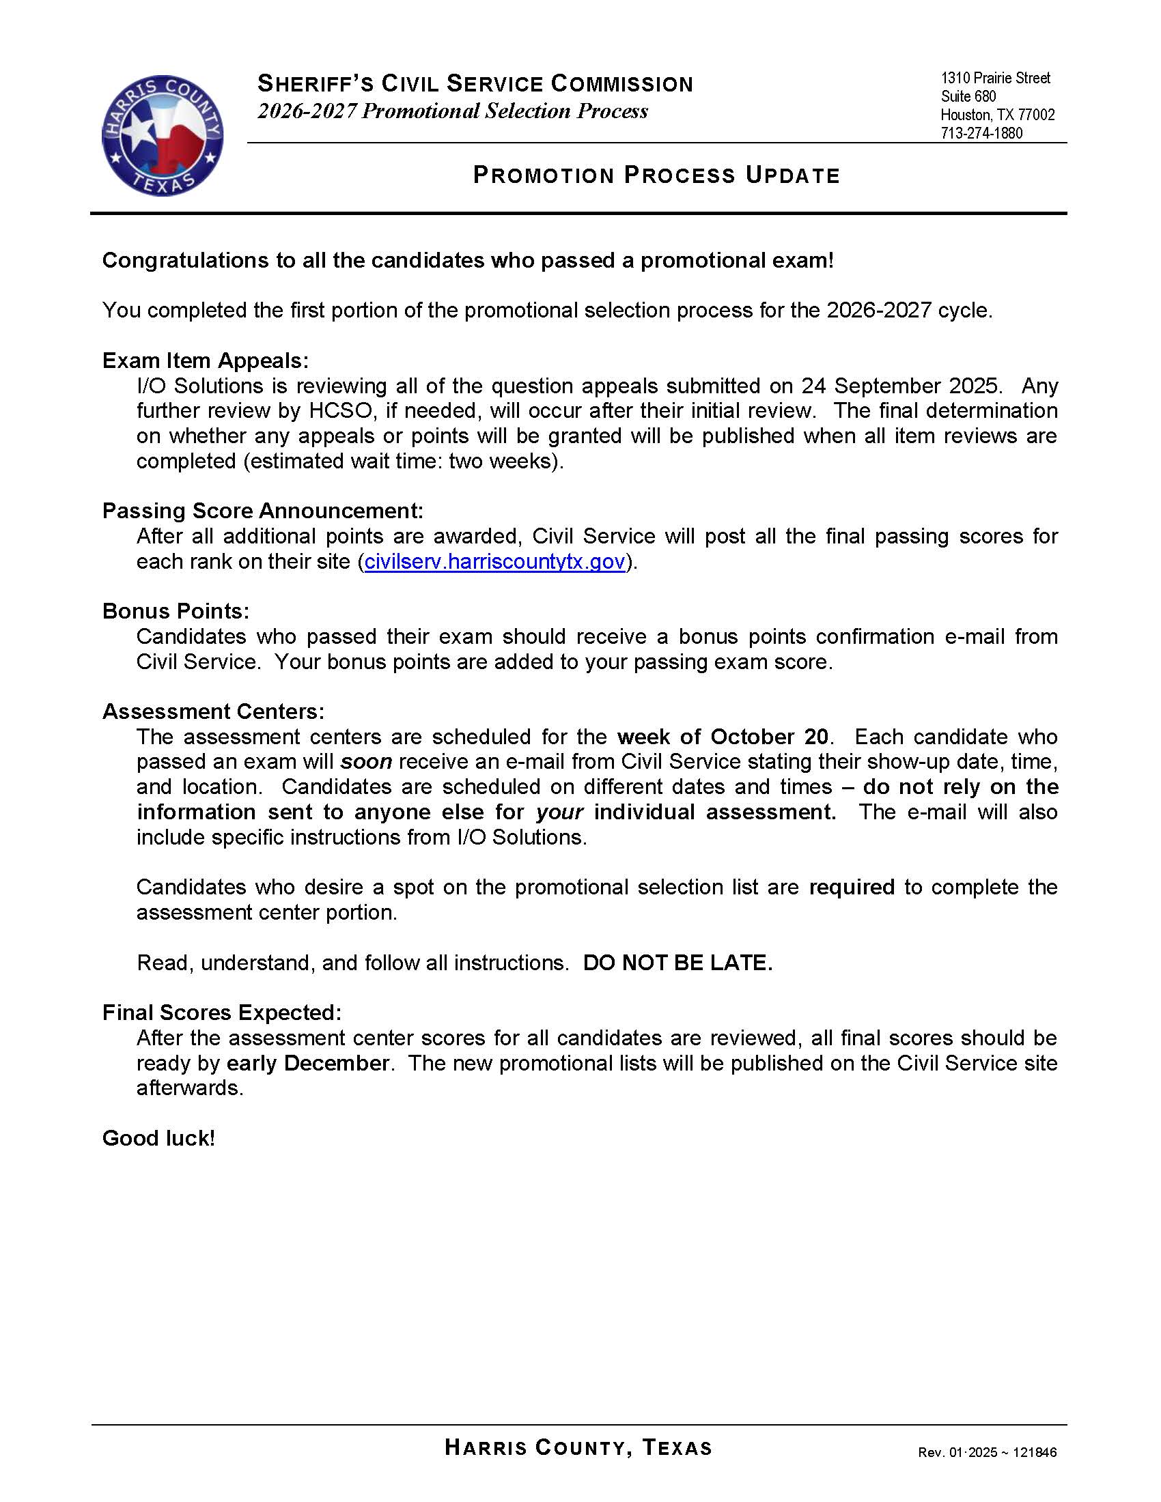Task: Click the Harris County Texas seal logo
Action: click(163, 135)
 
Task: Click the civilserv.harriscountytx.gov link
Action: click(494, 561)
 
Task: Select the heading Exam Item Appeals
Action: click(206, 360)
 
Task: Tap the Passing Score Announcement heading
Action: click(263, 510)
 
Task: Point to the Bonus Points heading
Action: click(176, 611)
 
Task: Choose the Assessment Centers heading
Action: click(213, 711)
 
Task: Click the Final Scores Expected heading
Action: click(221, 1012)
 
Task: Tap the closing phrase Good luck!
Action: click(158, 1138)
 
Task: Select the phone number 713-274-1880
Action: click(981, 133)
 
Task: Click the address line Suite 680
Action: click(968, 96)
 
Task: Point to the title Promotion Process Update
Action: click(656, 175)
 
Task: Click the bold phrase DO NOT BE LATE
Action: click(677, 962)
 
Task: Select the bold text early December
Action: click(308, 1062)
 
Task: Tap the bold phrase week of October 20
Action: click(722, 737)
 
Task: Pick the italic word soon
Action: click(367, 761)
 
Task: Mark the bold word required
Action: click(852, 887)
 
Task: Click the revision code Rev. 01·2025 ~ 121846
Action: click(987, 1452)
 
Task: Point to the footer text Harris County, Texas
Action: click(578, 1447)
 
